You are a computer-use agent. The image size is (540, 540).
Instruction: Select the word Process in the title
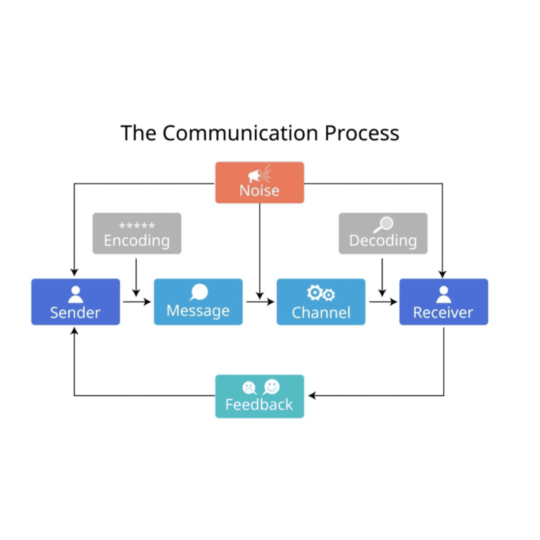(x=362, y=133)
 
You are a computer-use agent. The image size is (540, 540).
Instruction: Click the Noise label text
(x=259, y=190)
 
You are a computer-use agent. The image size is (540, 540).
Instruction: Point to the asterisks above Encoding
(x=137, y=226)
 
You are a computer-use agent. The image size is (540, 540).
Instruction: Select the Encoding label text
(x=137, y=240)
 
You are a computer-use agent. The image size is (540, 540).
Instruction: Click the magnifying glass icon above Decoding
(x=383, y=225)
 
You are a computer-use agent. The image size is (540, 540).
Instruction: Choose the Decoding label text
(x=383, y=241)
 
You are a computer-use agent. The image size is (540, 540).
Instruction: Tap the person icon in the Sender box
(x=75, y=294)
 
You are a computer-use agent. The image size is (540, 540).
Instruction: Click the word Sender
(x=75, y=312)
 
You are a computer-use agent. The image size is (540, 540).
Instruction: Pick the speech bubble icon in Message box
(x=199, y=292)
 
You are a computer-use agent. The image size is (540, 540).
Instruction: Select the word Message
(x=198, y=311)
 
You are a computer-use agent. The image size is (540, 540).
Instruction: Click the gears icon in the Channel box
(x=321, y=294)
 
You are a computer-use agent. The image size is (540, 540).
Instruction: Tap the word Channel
(x=321, y=312)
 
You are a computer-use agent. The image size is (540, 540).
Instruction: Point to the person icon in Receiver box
(x=443, y=294)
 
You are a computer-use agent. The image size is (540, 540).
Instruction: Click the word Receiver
(x=443, y=312)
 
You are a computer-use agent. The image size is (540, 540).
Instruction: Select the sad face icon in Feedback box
(x=248, y=388)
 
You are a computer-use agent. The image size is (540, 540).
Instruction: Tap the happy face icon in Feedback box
(x=271, y=387)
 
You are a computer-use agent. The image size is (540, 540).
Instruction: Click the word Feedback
(x=259, y=404)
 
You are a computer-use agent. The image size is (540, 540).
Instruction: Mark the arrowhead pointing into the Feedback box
(x=312, y=396)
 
